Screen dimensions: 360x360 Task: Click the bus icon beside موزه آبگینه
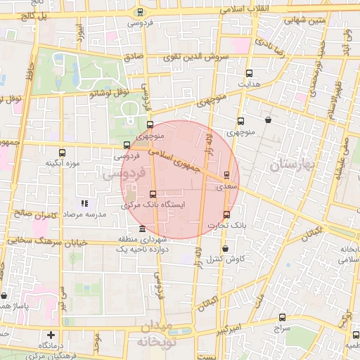[63, 152]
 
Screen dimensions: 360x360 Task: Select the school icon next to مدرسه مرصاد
[84, 203]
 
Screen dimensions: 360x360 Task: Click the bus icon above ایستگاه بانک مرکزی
[153, 194]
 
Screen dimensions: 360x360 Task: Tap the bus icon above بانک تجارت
[226, 214]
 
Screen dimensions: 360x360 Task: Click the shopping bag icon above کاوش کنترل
[225, 248]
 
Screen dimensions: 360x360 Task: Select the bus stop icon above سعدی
[226, 175]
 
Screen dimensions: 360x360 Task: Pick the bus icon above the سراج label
[282, 317]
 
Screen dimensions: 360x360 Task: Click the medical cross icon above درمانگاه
[50, 335]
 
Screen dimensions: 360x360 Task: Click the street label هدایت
[251, 84]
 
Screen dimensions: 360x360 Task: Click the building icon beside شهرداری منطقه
[143, 229]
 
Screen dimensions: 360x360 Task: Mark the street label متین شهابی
[304, 20]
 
